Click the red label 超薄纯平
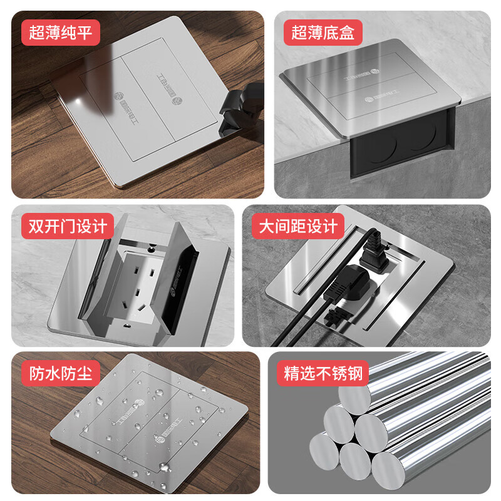61,33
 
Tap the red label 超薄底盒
323,33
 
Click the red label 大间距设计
298,225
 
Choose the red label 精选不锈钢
323,374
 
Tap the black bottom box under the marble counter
401,153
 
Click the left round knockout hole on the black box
380,148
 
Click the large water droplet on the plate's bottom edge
164,467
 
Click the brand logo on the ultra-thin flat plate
118,100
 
